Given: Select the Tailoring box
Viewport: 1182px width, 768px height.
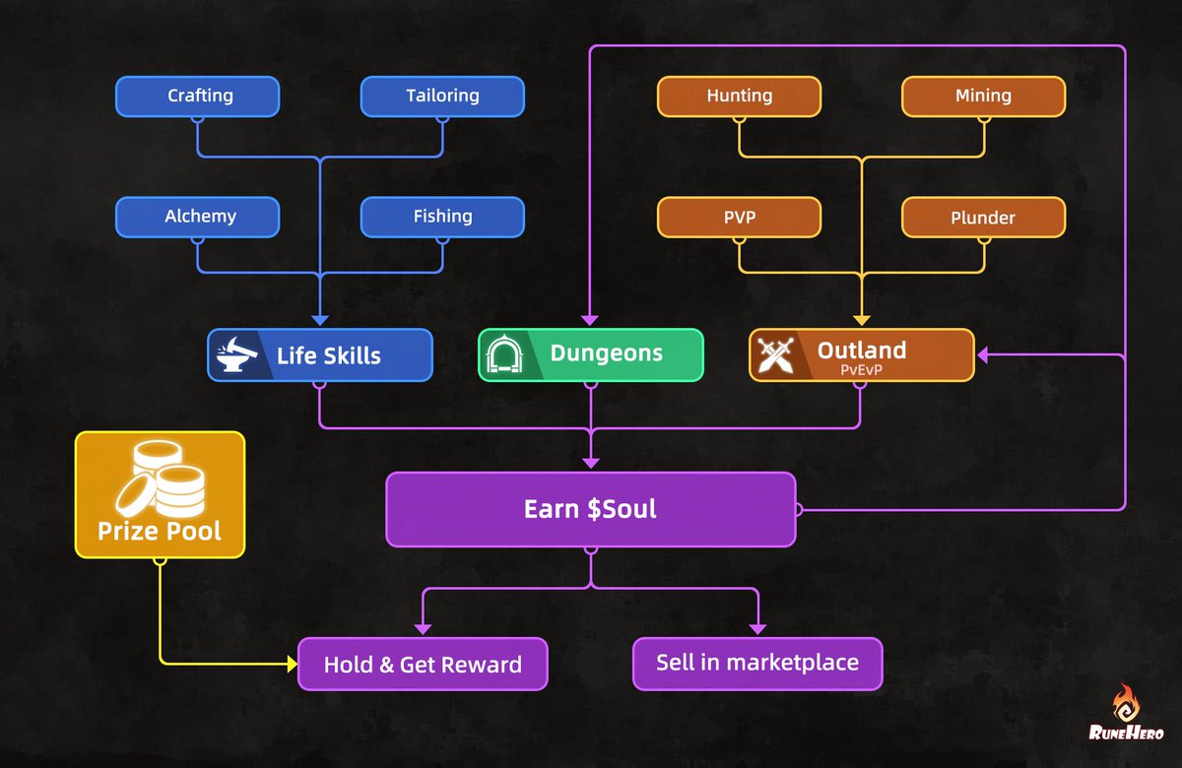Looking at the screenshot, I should tap(442, 96).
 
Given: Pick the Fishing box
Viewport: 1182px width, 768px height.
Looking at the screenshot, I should tap(442, 217).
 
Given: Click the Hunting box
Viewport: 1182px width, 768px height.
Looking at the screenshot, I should tap(739, 96).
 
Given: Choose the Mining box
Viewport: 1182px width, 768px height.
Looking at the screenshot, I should tap(983, 96).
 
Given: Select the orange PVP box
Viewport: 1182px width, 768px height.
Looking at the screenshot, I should tap(739, 217).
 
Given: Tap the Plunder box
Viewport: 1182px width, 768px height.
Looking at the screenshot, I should tap(983, 217).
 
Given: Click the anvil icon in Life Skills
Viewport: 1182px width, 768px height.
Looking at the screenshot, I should tap(236, 354).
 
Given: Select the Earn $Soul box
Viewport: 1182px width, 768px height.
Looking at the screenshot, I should tap(590, 509).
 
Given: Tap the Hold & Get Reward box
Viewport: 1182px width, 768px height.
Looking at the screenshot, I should tap(423, 664).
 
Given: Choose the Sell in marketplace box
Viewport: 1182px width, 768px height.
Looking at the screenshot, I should tap(756, 664).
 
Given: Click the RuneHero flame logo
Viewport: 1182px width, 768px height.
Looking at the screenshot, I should tap(1126, 706).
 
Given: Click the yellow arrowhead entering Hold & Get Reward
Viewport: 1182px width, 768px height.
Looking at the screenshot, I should tap(292, 665).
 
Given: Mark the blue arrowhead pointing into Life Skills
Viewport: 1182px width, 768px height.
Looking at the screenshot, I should tap(319, 319).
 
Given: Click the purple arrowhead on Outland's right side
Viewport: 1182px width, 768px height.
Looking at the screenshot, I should tap(982, 354).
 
